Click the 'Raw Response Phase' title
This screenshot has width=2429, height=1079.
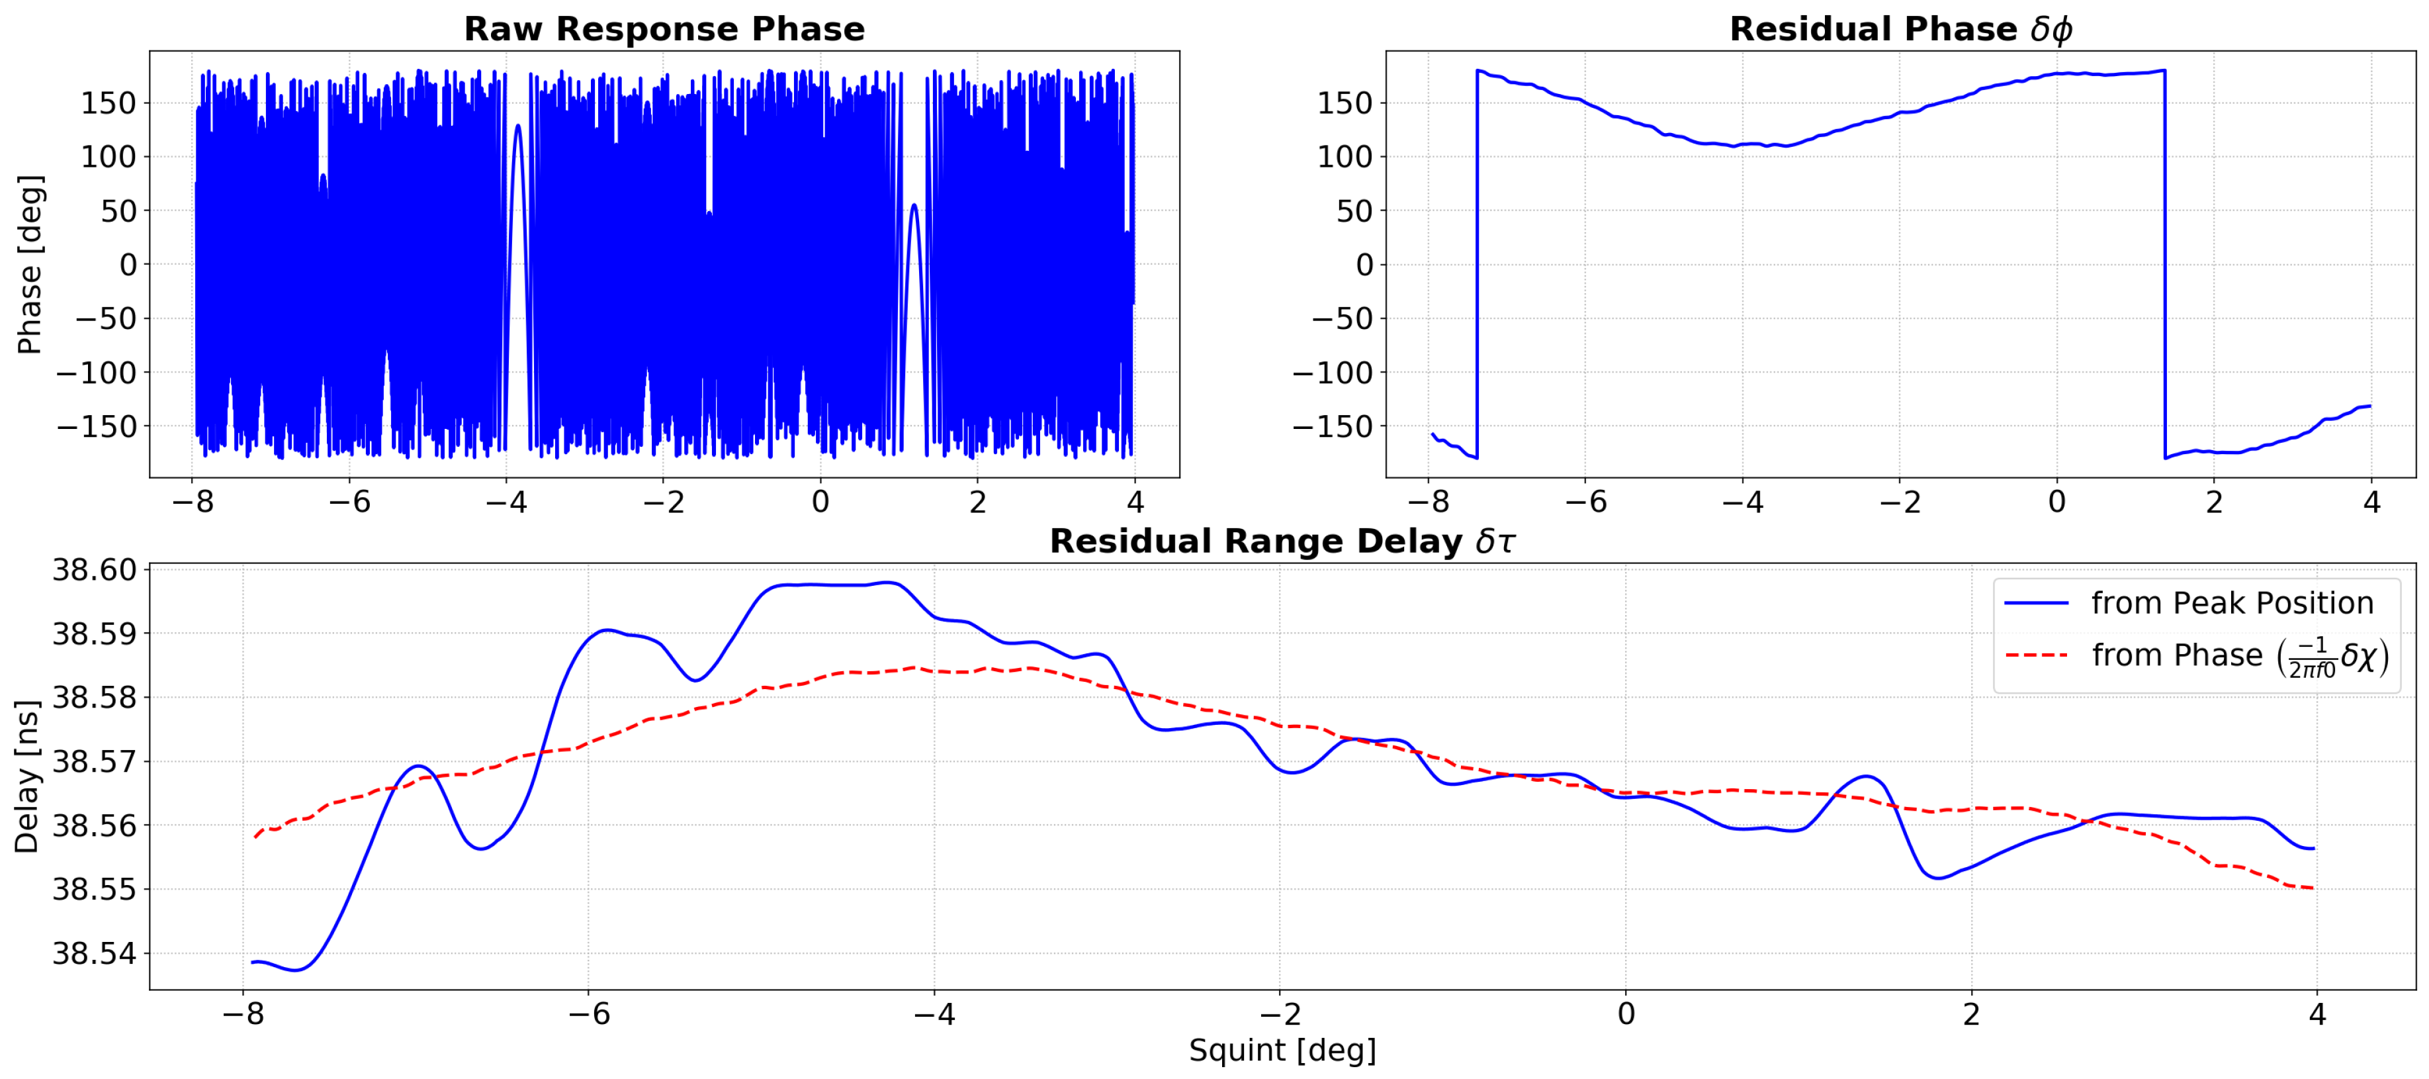click(664, 29)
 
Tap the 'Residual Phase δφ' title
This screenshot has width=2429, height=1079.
click(1900, 29)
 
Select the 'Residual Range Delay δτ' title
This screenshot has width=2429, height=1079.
click(1282, 541)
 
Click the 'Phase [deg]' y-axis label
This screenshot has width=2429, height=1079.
click(30, 264)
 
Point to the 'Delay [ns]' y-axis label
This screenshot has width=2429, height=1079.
click(26, 776)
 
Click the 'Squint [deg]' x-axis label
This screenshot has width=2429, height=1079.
click(1282, 1050)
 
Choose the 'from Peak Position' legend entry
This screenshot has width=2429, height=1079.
click(2232, 602)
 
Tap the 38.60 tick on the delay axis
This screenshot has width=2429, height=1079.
click(95, 570)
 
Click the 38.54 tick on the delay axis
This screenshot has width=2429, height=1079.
click(95, 953)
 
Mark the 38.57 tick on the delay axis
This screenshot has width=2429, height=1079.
click(95, 761)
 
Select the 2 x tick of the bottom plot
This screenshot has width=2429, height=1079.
click(1970, 1014)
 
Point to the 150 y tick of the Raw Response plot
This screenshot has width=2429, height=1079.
click(109, 103)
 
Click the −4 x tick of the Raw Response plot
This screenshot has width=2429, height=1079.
click(506, 501)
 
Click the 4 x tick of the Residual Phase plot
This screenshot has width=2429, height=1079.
click(2371, 501)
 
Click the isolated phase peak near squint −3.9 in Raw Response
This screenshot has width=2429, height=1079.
click(517, 126)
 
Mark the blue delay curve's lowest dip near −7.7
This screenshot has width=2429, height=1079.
click(296, 970)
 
